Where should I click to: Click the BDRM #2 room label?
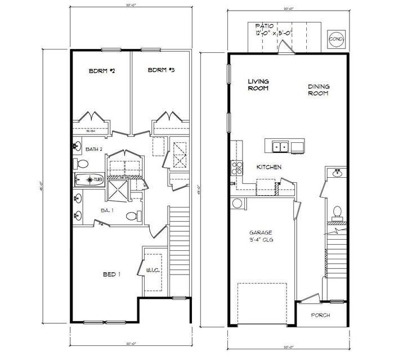102,71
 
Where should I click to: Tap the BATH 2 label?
93,149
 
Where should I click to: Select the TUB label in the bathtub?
97,179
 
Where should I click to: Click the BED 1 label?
111,274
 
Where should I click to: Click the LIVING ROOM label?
258,85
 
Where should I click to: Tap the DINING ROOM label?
319,90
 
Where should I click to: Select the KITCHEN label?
269,167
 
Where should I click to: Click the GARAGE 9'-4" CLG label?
261,236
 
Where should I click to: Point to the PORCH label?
320,315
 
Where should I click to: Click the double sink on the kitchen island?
280,147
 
